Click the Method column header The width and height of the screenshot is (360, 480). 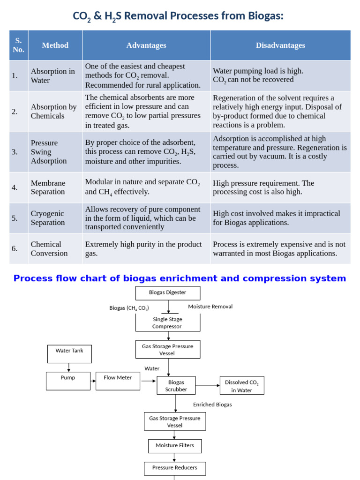tap(55, 45)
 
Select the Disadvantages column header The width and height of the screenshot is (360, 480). tap(280, 45)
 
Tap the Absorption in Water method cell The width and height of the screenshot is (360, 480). tap(55, 75)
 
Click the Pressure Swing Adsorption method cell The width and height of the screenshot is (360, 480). tap(55, 152)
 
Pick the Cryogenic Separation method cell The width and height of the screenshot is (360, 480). tap(55, 218)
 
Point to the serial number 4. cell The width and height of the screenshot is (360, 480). tap(19, 187)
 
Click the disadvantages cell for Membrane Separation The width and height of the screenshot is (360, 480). tap(280, 187)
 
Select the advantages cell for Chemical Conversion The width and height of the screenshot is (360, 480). tap(146, 248)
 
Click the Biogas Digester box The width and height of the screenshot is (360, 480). tap(168, 293)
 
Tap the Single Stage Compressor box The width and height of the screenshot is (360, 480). tap(168, 322)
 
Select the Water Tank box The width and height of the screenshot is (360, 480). tap(69, 354)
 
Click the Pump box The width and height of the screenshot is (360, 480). tap(68, 381)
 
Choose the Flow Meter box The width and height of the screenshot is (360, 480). tap(118, 381)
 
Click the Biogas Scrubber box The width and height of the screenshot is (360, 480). tap(176, 385)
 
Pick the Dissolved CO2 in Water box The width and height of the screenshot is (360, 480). tap(242, 385)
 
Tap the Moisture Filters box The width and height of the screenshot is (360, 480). tap(175, 446)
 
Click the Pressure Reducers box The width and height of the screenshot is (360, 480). tap(175, 468)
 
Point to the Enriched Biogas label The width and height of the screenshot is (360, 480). tap(212, 405)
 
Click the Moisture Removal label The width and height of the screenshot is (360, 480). tap(210, 307)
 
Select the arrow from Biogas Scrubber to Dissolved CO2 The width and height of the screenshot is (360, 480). tap(208, 385)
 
